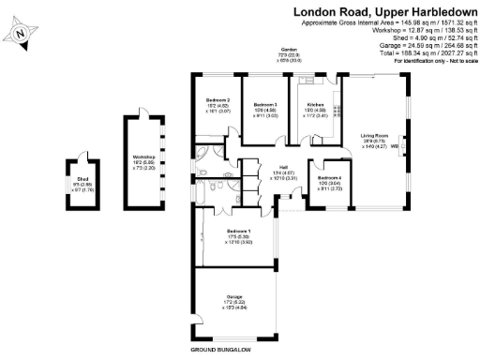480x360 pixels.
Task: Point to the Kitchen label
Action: [x=314, y=106]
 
